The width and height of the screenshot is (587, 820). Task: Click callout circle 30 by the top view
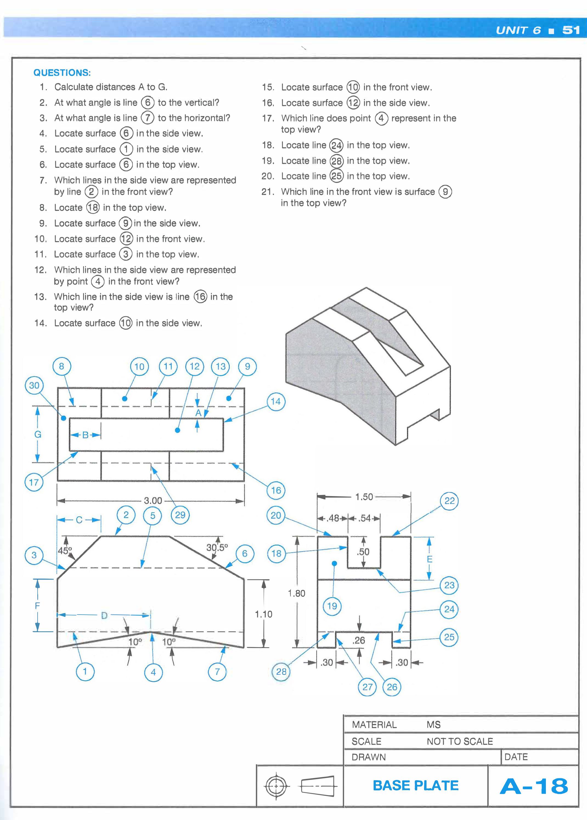point(34,385)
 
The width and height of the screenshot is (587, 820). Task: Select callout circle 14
point(275,401)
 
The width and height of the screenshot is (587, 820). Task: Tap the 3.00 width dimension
point(153,501)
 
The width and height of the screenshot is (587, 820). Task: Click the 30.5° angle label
point(217,547)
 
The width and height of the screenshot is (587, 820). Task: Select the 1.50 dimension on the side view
point(364,497)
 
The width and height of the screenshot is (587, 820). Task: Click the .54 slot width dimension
point(365,518)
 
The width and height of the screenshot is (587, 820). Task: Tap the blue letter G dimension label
point(38,434)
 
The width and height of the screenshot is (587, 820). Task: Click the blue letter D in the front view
point(104,615)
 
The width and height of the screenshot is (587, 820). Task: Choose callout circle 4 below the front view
point(153,672)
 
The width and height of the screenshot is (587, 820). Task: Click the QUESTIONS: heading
point(62,73)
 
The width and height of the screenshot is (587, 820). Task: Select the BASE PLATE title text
point(415,786)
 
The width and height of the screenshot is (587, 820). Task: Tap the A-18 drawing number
point(534,786)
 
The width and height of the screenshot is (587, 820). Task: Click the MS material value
point(433,725)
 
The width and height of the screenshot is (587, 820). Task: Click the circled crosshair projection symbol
point(275,786)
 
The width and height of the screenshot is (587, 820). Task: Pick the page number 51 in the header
point(571,30)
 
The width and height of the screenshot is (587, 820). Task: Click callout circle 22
point(449,501)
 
